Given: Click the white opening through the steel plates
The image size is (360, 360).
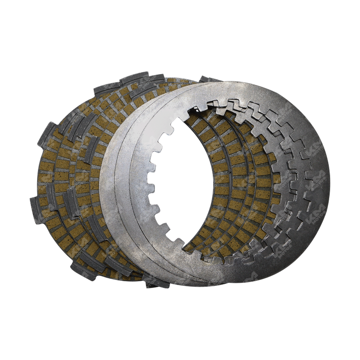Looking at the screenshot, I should (x=187, y=180).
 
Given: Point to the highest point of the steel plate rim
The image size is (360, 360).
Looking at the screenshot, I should (x=233, y=82).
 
